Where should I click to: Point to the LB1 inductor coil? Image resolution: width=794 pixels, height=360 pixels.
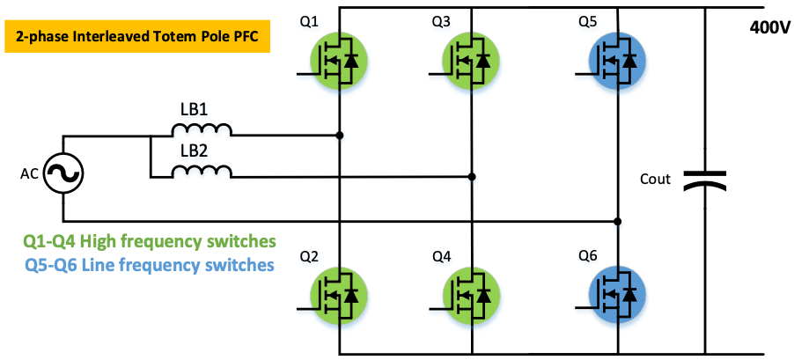202,132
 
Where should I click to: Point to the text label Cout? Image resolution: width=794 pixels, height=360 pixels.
656,180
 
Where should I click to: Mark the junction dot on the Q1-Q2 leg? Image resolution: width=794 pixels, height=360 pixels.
340,136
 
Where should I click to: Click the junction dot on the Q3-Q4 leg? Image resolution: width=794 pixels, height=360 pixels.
472,177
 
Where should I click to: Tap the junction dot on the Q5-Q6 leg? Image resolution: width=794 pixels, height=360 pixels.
618,220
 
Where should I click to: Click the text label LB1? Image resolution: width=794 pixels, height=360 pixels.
195,109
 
